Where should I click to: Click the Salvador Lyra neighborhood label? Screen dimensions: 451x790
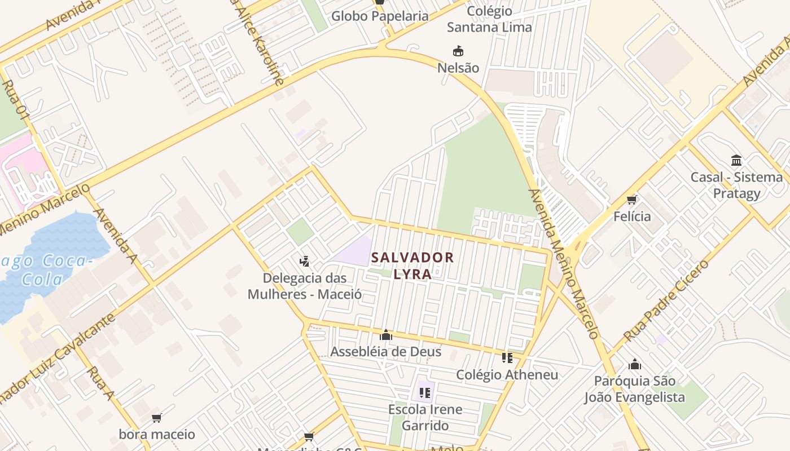click(x=412, y=266)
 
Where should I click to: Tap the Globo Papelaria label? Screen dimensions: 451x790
click(x=380, y=16)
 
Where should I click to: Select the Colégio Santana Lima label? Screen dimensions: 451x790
click(x=489, y=19)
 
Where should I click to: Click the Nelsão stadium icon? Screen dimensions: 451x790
click(x=458, y=51)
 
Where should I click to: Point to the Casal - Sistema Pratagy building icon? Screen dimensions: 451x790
click(x=736, y=160)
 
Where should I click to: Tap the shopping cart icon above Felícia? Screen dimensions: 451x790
click(x=632, y=200)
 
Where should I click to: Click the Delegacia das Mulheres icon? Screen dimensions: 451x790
click(x=305, y=261)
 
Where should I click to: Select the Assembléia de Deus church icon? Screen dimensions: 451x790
click(x=386, y=335)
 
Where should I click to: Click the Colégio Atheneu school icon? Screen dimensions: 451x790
click(x=507, y=358)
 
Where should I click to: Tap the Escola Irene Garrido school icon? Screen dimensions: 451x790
click(x=425, y=392)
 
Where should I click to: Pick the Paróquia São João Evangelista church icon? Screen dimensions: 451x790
click(x=635, y=364)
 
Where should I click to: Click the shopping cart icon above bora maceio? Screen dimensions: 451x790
click(x=156, y=418)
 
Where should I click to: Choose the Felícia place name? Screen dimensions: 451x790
click(x=632, y=216)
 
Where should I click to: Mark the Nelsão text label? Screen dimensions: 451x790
click(x=458, y=68)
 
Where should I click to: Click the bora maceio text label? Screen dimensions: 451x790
click(x=156, y=435)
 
